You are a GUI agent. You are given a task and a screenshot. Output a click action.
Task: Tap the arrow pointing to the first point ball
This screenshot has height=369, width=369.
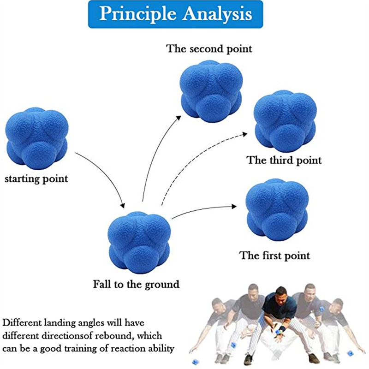tap(203, 210)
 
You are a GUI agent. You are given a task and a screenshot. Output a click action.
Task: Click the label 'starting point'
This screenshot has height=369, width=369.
tap(36, 179)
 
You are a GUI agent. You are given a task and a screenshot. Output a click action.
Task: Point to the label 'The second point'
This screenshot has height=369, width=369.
tap(209, 48)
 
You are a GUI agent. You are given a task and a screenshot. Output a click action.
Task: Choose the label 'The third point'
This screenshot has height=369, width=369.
tap(284, 160)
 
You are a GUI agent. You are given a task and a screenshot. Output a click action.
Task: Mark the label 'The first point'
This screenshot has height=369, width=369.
tap(274, 255)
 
